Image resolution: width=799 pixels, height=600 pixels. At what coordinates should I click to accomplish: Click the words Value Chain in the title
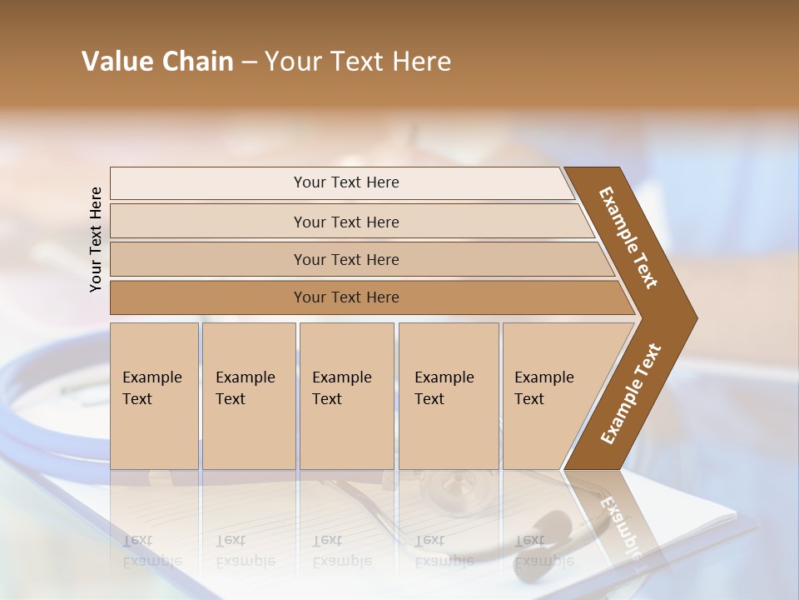click(157, 62)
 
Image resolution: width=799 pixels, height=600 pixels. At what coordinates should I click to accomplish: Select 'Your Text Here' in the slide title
click(358, 62)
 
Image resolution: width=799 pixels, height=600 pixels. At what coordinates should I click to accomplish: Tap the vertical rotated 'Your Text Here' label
click(96, 239)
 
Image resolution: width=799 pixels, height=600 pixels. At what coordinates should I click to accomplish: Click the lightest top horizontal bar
click(346, 182)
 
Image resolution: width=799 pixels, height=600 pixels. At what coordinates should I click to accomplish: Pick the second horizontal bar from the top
click(346, 222)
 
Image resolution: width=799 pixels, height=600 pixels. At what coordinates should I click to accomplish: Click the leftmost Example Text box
click(154, 396)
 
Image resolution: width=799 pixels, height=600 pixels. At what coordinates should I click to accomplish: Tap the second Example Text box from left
click(248, 396)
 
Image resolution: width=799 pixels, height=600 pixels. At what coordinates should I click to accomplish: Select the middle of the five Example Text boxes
click(346, 396)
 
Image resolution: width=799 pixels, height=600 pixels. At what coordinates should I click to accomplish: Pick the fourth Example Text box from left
click(448, 396)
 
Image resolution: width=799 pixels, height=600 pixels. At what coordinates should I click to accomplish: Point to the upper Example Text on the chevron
click(628, 237)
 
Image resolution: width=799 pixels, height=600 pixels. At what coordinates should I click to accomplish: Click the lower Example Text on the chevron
click(631, 393)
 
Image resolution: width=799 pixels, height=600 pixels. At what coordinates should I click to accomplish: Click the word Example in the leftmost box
click(151, 377)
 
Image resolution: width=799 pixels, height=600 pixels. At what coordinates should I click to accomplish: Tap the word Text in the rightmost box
click(529, 399)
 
